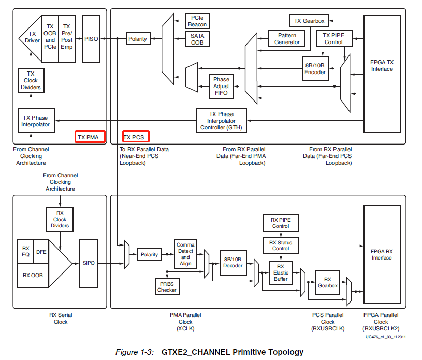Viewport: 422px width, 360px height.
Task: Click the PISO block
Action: tap(91, 38)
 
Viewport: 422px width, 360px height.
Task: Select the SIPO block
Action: tap(89, 263)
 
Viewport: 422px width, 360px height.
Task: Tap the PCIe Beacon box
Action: tap(197, 21)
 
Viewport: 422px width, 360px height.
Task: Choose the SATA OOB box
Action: tap(197, 39)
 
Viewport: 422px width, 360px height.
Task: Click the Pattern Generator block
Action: tap(287, 38)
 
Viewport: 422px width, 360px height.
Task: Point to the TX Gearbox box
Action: tap(309, 21)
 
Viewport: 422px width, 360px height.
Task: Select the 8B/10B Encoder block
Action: tap(315, 68)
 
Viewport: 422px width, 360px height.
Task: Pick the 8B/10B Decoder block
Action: tap(233, 263)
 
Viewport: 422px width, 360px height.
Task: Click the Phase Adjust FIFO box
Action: tap(221, 86)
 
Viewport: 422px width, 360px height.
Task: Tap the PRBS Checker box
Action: tap(167, 287)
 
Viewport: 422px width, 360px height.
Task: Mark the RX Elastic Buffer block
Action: tap(281, 273)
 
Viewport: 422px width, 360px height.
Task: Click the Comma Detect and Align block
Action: tap(185, 254)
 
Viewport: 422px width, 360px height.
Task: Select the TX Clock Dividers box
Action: tap(31, 80)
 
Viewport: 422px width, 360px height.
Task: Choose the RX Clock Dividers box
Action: tap(60, 219)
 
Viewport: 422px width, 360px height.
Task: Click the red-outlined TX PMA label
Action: tap(90, 137)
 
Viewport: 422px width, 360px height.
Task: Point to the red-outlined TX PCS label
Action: tap(136, 136)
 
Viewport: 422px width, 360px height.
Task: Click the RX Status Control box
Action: tap(281, 246)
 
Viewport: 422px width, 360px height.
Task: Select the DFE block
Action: tap(41, 252)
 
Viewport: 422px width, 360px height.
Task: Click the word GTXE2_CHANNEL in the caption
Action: tap(195, 352)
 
